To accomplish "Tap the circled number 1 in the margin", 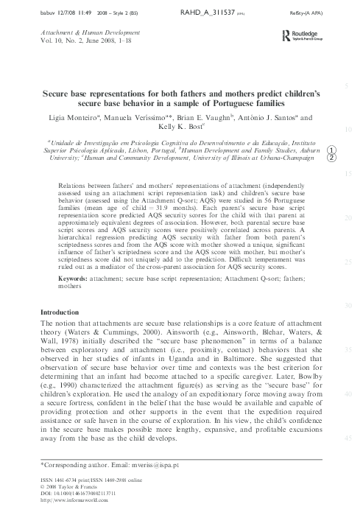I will [332, 147].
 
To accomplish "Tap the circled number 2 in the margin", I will [332, 157].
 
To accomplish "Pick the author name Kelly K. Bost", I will [179, 127].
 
